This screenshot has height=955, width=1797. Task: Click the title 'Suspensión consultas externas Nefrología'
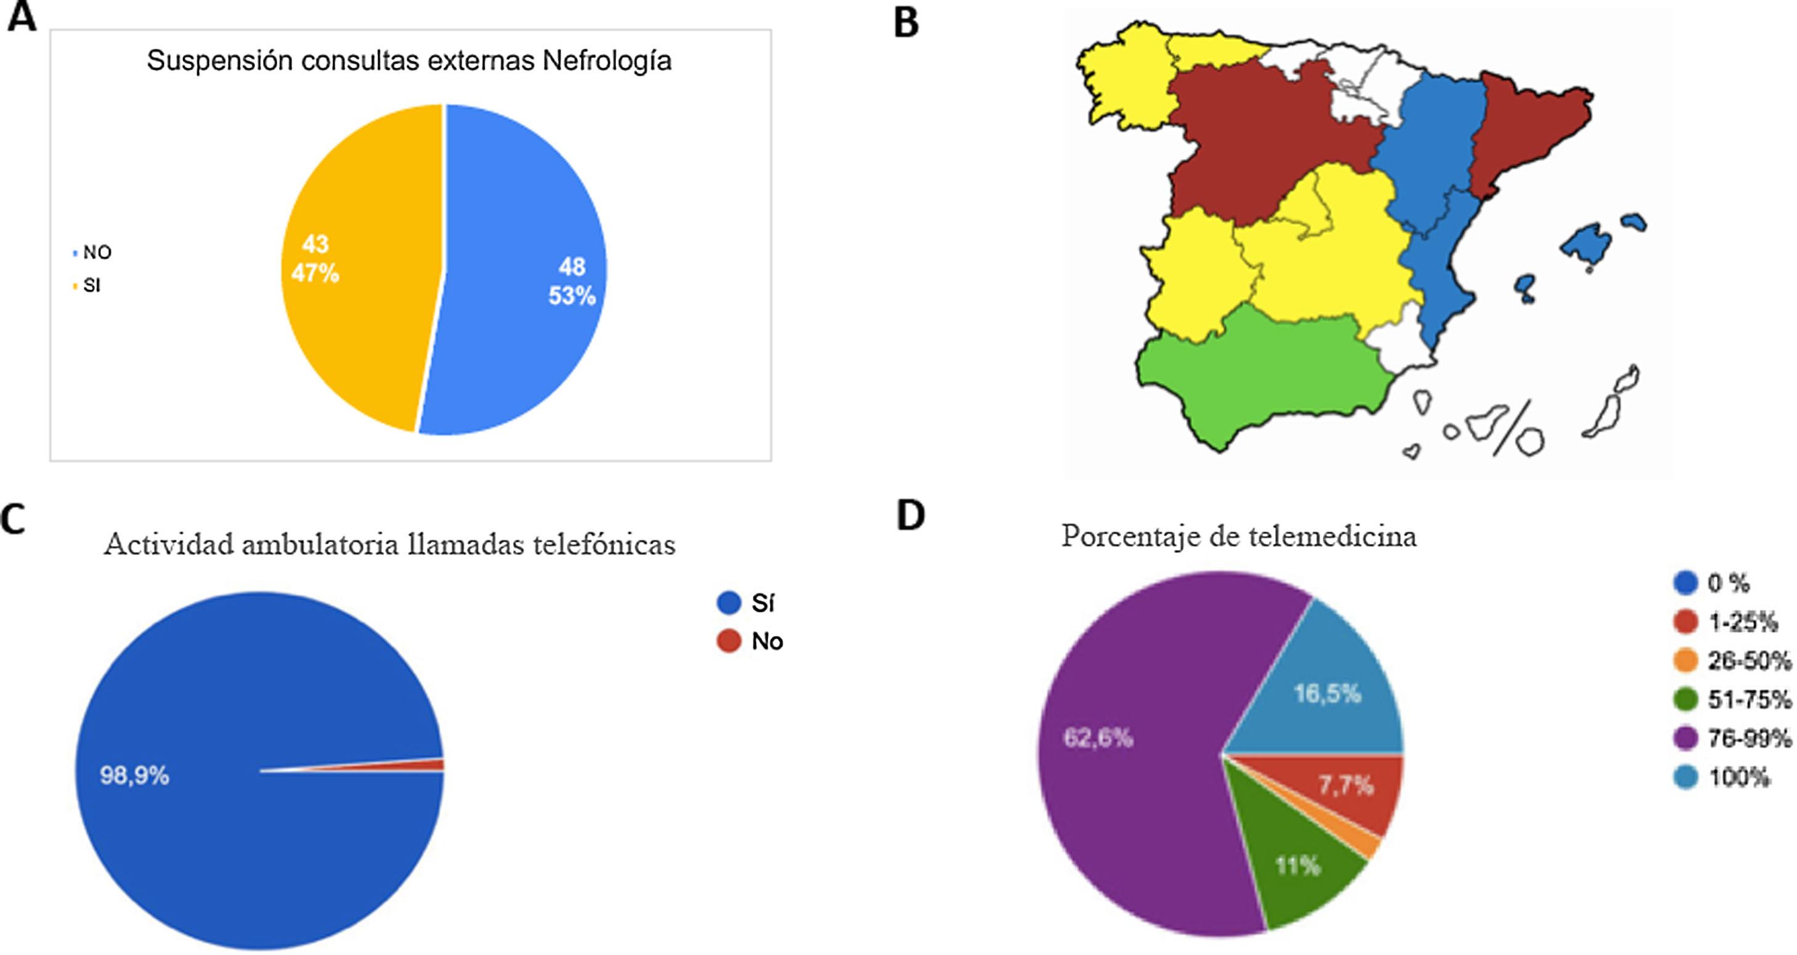pos(409,61)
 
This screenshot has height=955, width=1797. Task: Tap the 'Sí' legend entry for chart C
pos(762,603)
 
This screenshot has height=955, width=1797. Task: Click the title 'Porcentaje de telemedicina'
pos(1239,537)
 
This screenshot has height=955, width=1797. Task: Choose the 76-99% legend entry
pos(1748,738)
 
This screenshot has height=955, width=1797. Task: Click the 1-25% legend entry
pos(1741,622)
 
